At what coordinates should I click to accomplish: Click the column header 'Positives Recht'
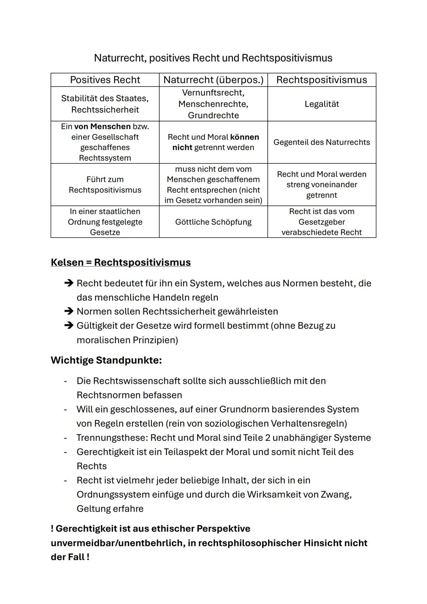[x=105, y=80]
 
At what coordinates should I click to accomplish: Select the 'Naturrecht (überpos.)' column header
[x=213, y=80]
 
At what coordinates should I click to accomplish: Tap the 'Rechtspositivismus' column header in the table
[x=321, y=80]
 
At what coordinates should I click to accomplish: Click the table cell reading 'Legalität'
[x=321, y=104]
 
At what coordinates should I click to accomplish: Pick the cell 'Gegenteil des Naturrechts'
[x=321, y=142]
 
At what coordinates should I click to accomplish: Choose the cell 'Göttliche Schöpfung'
[x=213, y=222]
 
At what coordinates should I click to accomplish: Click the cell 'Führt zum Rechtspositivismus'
[x=105, y=185]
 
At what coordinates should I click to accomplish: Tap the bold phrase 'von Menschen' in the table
[x=102, y=127]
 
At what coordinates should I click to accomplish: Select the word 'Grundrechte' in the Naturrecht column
[x=213, y=115]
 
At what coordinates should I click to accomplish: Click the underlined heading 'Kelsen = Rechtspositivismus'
[x=121, y=263]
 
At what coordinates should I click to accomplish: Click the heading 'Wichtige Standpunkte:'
[x=106, y=360]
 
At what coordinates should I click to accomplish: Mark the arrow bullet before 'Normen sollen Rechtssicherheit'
[x=69, y=312]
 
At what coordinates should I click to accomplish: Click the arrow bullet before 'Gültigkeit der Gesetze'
[x=69, y=326]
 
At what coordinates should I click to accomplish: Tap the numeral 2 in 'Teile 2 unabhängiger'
[x=268, y=438]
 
